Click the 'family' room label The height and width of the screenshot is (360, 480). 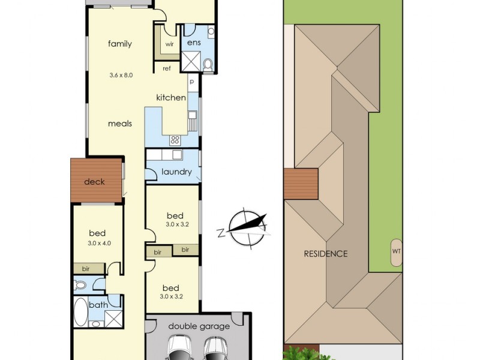point(119,44)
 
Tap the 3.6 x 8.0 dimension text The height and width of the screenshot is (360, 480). point(121,75)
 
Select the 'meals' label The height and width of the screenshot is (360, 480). point(120,124)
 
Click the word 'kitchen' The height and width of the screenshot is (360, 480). point(171,98)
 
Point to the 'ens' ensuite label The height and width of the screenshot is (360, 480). point(194,42)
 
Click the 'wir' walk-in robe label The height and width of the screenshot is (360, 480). point(170,44)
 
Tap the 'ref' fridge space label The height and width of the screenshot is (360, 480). point(167,68)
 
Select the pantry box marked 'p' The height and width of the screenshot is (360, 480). point(192,82)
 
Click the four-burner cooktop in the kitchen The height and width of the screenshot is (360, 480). point(175,140)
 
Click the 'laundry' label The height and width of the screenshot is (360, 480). point(176,172)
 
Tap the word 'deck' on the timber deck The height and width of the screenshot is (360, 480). point(94,182)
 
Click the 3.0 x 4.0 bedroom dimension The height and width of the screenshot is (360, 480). point(99,244)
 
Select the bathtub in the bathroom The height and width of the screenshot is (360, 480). point(80,311)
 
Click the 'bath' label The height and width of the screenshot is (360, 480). point(98,305)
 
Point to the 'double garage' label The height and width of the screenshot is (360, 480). point(199,326)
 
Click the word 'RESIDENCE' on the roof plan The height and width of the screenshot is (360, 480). point(326,254)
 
